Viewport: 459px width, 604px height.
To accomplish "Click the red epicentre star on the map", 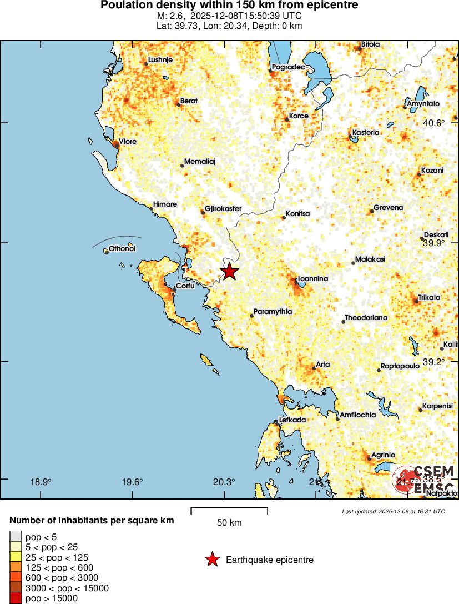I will tap(229, 272).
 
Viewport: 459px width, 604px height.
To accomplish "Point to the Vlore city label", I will tap(127, 142).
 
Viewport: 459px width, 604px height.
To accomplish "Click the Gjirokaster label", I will tap(223, 209).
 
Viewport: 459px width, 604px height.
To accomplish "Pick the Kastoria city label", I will tap(366, 133).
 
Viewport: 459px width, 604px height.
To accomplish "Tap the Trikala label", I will tap(429, 298).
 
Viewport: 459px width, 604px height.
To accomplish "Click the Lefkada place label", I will tap(292, 420).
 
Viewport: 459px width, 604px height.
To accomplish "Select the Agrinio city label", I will tap(383, 455).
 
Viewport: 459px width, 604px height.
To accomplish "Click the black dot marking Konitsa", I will tap(283, 218).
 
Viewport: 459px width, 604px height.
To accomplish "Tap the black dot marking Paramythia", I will tap(251, 316).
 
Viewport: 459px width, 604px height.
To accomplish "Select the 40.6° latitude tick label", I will tap(433, 123).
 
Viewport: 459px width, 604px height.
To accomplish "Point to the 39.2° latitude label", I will tap(433, 362).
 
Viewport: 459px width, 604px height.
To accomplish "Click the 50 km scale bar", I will tap(229, 508).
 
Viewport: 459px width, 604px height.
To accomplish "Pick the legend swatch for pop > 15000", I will tap(16, 598).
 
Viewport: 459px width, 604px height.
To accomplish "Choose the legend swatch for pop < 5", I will tap(16, 537).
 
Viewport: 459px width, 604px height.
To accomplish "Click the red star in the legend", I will tap(212, 560).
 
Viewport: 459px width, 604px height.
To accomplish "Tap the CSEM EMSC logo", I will tap(424, 480).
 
